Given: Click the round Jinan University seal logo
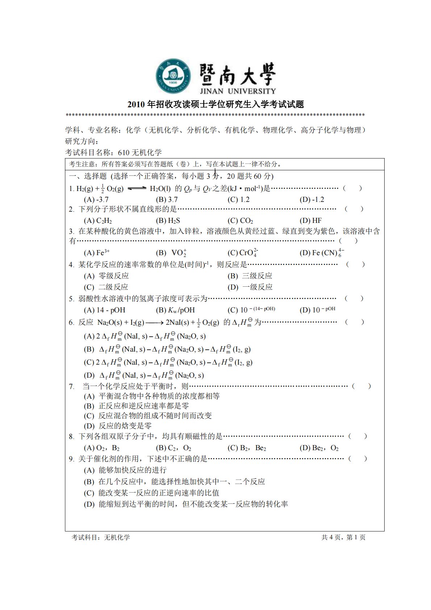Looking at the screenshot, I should [x=173, y=76].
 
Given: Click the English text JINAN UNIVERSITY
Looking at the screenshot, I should [x=237, y=91].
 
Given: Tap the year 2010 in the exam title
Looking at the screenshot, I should [x=136, y=105].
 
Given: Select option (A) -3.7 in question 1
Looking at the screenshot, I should [x=96, y=199].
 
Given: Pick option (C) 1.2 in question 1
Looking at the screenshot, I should [x=238, y=199].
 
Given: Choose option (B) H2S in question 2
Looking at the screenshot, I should [x=168, y=220].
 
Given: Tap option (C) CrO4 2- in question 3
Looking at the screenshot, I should [x=243, y=253].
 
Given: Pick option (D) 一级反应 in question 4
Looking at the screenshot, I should [x=250, y=287].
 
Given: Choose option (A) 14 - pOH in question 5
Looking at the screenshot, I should [x=104, y=310].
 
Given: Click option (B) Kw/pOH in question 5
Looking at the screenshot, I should [x=175, y=310].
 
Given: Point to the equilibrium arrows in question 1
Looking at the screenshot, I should [x=137, y=188].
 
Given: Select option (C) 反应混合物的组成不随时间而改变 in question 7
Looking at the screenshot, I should [x=148, y=416].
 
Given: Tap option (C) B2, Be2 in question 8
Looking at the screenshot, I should [x=247, y=448].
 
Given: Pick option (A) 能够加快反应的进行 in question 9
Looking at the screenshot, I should [x=125, y=470].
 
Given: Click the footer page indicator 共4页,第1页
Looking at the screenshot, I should [x=343, y=537].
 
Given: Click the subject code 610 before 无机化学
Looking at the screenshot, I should [x=124, y=153].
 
